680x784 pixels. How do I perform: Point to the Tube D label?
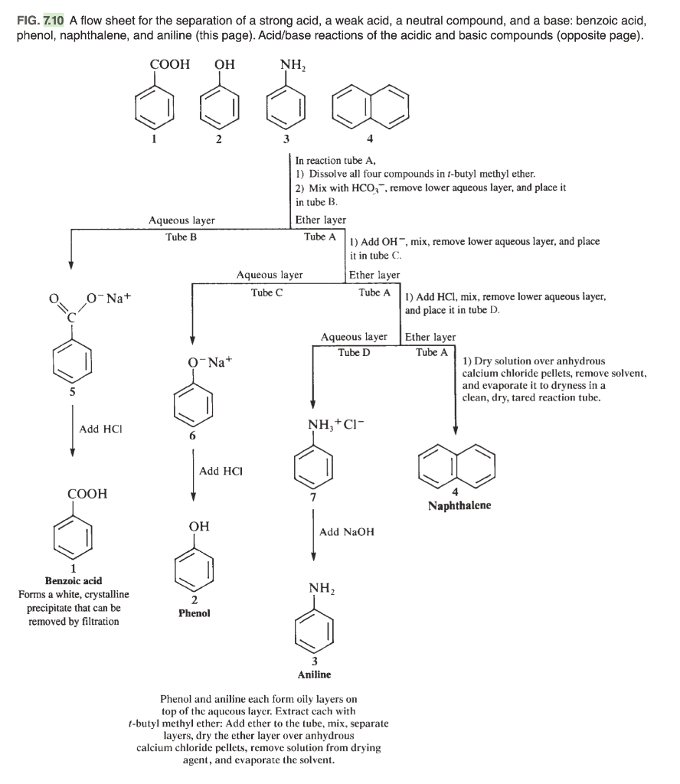coord(354,351)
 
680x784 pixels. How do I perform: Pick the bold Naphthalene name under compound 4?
coord(459,506)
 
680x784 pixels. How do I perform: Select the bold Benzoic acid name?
coord(74,581)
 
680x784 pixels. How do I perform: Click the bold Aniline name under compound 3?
coord(314,675)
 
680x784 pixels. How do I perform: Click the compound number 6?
coord(194,435)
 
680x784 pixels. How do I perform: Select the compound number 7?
coord(314,498)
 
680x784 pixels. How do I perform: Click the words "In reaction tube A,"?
coord(332,160)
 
